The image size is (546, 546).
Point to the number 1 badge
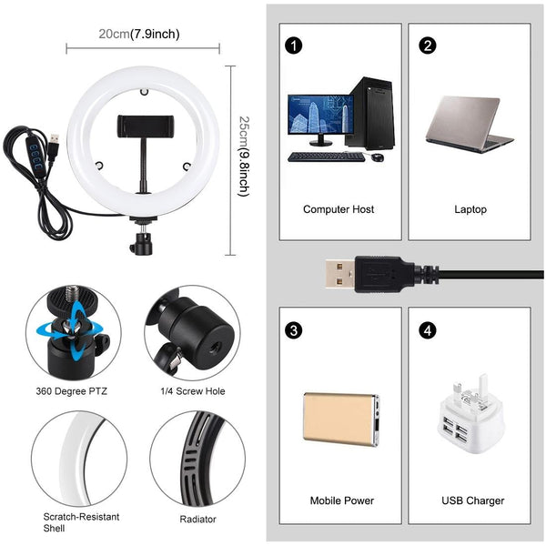293,45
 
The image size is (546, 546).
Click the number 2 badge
429,45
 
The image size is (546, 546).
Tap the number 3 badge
293,329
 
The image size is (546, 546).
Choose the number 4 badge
429,329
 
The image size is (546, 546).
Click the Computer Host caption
339,209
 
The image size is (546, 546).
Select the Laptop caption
470,209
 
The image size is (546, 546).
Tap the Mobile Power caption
341,500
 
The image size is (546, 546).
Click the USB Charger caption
472,500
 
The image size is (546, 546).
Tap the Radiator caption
197,520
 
